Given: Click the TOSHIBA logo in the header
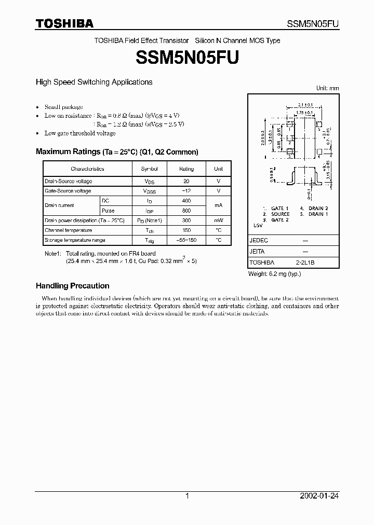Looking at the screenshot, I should [64, 23].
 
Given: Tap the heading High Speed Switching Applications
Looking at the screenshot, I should [94, 82].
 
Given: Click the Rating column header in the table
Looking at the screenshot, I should [186, 169].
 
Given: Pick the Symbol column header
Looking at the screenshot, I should [149, 169].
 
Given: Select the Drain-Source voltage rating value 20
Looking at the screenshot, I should [186, 182].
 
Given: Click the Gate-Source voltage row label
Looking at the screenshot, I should [68, 191].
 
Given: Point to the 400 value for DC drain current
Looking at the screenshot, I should [186, 201].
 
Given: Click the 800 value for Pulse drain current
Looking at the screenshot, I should [186, 211].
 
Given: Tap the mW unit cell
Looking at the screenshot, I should [218, 220].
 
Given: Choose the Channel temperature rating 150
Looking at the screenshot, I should [186, 230].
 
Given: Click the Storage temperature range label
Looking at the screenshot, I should [75, 240].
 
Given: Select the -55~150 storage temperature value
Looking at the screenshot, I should [186, 240].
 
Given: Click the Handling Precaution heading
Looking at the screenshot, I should [72, 286].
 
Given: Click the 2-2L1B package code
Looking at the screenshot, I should [305, 263].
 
